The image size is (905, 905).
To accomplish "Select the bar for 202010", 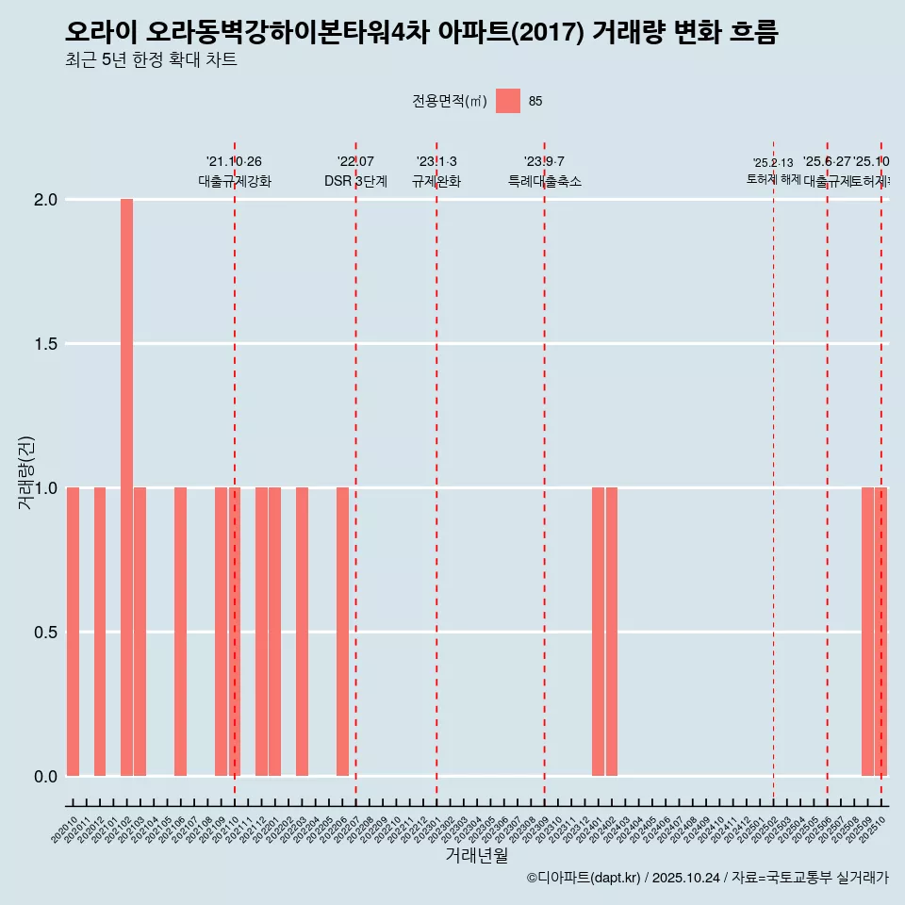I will [73, 632].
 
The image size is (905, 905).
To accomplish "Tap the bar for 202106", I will [180, 632].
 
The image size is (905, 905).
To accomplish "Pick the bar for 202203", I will [302, 632].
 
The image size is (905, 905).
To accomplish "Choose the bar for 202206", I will [342, 632].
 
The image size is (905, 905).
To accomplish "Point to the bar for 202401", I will [598, 632].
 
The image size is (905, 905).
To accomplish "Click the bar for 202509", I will [867, 632].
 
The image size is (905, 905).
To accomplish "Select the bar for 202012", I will [100, 632].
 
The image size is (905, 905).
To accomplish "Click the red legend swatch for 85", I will [508, 101].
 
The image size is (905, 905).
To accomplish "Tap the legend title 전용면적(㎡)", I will [450, 102].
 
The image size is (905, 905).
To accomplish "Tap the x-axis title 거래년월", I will [476, 856].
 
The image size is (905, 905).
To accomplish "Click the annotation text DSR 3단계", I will [355, 182].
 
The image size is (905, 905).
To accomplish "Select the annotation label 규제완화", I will [436, 182].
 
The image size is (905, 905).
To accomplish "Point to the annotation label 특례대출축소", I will [544, 182].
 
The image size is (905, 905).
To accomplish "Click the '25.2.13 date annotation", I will [773, 163].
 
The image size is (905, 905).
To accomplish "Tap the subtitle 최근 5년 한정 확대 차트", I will [151, 60].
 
